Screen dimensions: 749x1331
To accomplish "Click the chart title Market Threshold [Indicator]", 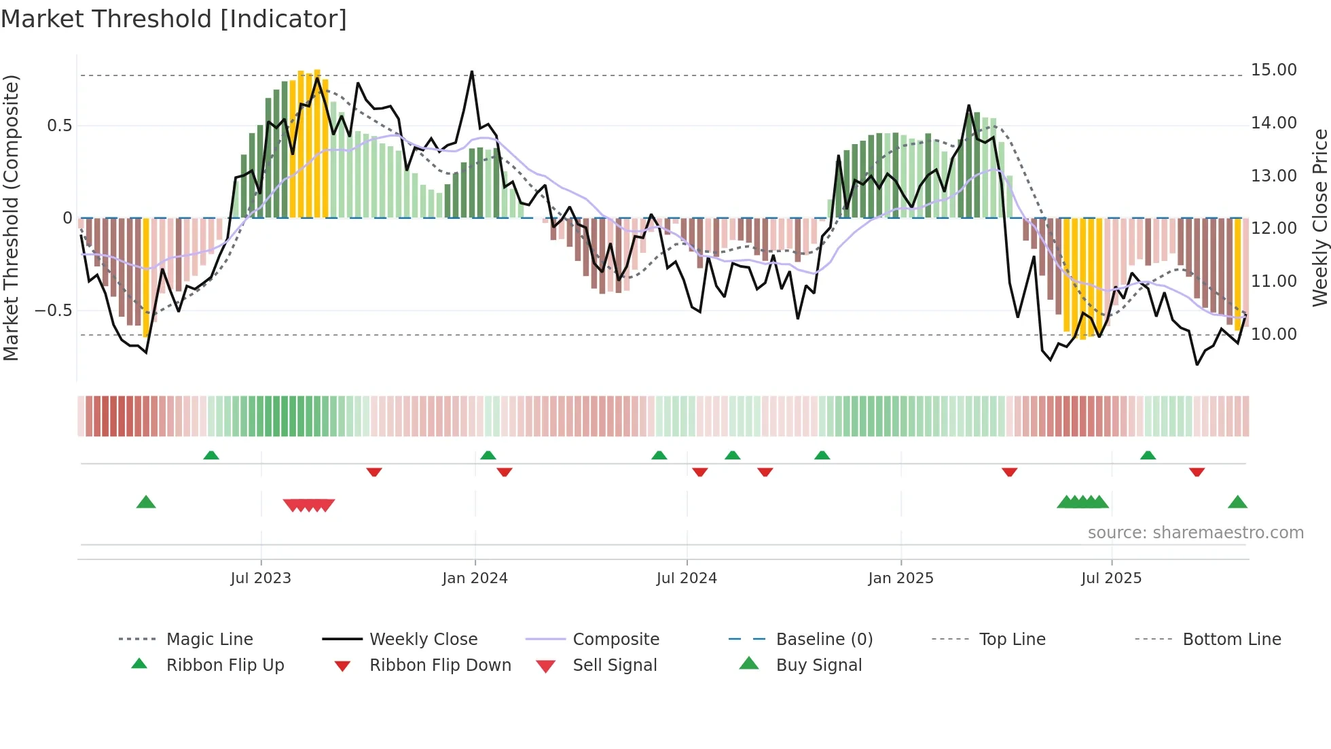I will (174, 19).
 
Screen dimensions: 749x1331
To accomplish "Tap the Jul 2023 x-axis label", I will (260, 578).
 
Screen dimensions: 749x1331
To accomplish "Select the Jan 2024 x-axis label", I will (475, 578).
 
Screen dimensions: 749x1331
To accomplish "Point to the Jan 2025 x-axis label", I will (900, 578).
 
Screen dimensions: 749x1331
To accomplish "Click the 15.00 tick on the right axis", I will (1273, 70).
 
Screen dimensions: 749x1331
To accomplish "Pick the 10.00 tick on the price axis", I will (1273, 334).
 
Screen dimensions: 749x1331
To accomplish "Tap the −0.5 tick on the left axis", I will (54, 311).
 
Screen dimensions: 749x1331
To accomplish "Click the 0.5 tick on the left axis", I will (59, 126).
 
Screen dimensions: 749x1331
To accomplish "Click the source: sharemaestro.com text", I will (1195, 533).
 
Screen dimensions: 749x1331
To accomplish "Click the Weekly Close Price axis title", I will (1319, 217).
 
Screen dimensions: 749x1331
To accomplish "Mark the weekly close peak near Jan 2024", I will (472, 72).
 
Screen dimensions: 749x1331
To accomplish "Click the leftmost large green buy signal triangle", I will (146, 502).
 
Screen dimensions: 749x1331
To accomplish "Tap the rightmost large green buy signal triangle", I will (1237, 502).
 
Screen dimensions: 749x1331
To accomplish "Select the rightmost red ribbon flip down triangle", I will (1197, 472).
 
